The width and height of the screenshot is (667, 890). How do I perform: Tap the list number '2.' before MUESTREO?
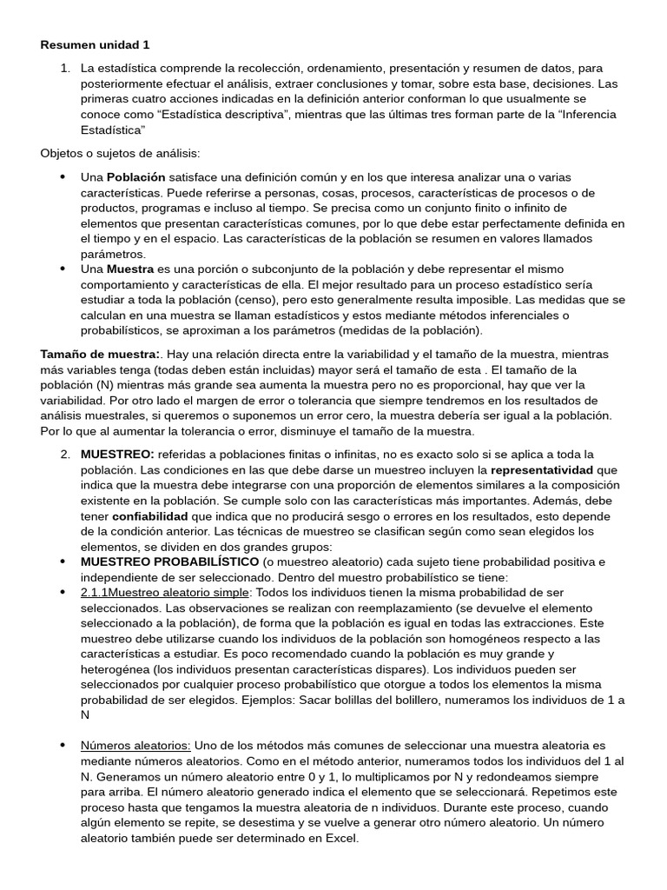tap(66, 455)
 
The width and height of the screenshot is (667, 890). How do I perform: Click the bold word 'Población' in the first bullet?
tap(135, 176)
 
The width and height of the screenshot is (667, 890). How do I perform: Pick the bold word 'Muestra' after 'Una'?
tap(129, 269)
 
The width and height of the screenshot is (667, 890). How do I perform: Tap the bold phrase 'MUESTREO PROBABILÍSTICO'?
tap(169, 562)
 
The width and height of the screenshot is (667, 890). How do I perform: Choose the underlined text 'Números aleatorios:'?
tap(135, 747)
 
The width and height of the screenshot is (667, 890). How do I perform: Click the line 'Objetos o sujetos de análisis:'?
tap(120, 154)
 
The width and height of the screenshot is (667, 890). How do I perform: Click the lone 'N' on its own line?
tap(85, 715)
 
